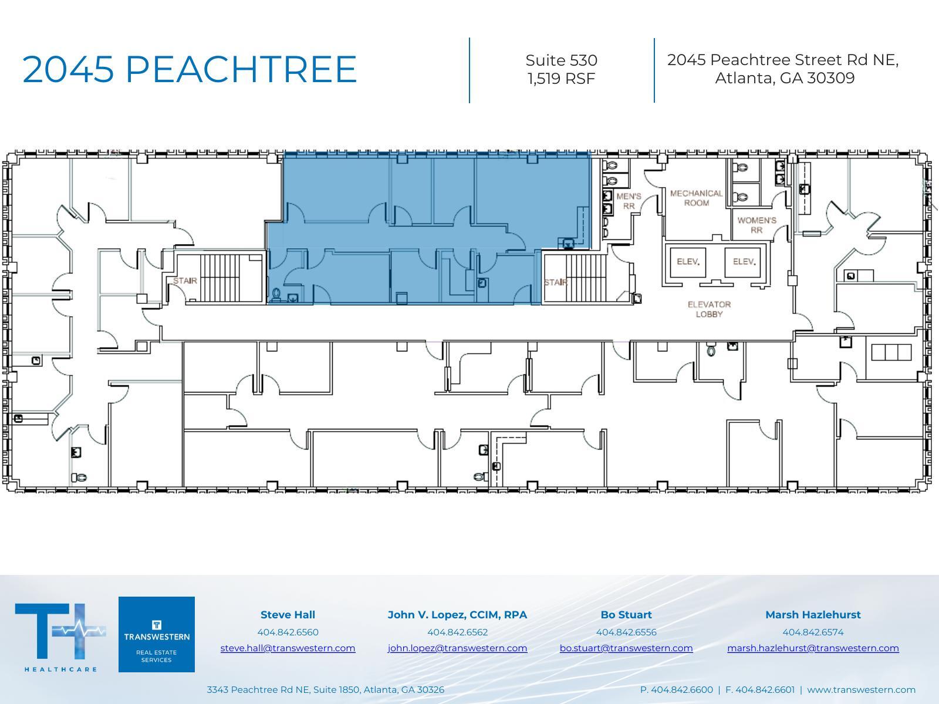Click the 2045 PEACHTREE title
[x=189, y=69]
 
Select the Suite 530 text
[x=561, y=60]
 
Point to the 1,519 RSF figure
[x=561, y=79]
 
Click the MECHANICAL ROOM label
[x=696, y=198]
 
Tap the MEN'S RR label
[x=629, y=201]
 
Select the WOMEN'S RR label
[x=756, y=225]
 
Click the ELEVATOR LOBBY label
[x=709, y=309]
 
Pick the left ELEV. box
[x=688, y=262]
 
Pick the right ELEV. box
[x=744, y=262]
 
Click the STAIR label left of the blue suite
[x=185, y=281]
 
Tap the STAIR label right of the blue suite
[x=555, y=283]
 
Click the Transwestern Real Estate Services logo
[x=157, y=634]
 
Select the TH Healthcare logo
[x=60, y=635]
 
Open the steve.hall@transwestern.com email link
[x=288, y=648]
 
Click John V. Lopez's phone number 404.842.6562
[x=457, y=632]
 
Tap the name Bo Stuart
[x=626, y=615]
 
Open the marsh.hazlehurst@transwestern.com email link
[x=813, y=648]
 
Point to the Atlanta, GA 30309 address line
[x=784, y=79]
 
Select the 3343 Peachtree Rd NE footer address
[x=325, y=690]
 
